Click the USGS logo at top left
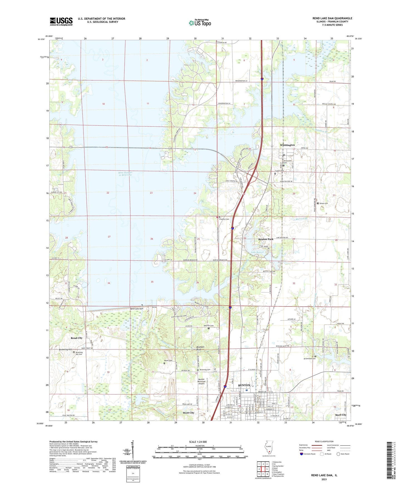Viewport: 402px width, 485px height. (x=61, y=21)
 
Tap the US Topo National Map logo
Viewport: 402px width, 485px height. (x=200, y=23)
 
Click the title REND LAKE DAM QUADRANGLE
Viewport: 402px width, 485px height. (x=332, y=18)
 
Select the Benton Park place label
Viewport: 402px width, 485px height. (x=266, y=239)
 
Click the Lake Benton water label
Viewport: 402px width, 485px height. (x=257, y=252)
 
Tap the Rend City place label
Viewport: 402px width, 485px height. (x=77, y=338)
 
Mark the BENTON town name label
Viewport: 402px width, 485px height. (x=244, y=385)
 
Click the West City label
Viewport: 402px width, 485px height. (x=188, y=413)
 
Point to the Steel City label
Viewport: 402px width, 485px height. (x=341, y=415)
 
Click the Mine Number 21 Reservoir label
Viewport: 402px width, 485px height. (x=125, y=174)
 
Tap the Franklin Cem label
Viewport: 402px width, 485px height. (x=224, y=219)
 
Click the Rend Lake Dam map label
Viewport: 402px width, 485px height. (x=137, y=309)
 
